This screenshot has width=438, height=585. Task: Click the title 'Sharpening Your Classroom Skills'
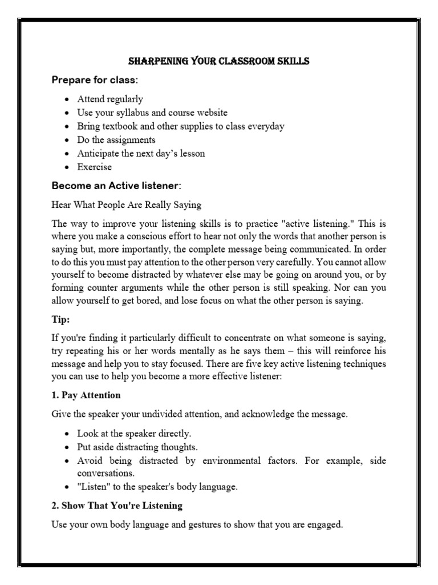(x=218, y=61)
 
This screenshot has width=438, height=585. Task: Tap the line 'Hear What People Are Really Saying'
(x=126, y=205)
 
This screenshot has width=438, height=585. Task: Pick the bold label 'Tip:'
(x=60, y=320)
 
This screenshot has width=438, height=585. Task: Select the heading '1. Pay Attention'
(x=86, y=395)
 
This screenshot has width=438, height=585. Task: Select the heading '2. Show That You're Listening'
(x=117, y=506)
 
